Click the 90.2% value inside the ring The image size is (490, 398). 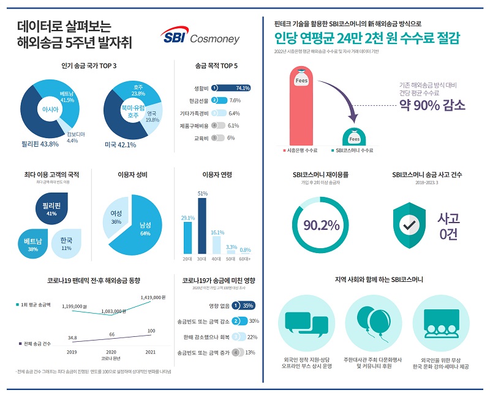coord(321,225)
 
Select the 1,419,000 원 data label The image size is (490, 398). coord(150,297)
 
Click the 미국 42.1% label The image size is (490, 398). coord(120,145)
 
